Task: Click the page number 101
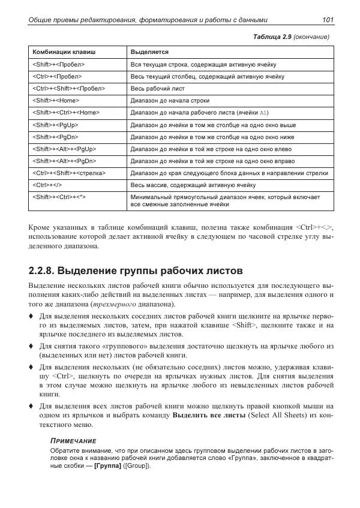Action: [328, 20]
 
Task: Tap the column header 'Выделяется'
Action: [149, 52]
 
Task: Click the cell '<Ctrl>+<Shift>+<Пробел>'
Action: [68, 88]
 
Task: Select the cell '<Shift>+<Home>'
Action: [56, 101]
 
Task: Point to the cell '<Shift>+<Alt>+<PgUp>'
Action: [64, 149]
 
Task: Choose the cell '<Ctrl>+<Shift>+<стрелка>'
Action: [69, 173]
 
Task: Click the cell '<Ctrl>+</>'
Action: [48, 185]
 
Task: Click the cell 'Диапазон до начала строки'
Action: [170, 101]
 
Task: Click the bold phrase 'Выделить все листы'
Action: [208, 414]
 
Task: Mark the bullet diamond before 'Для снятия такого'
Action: [31, 346]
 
